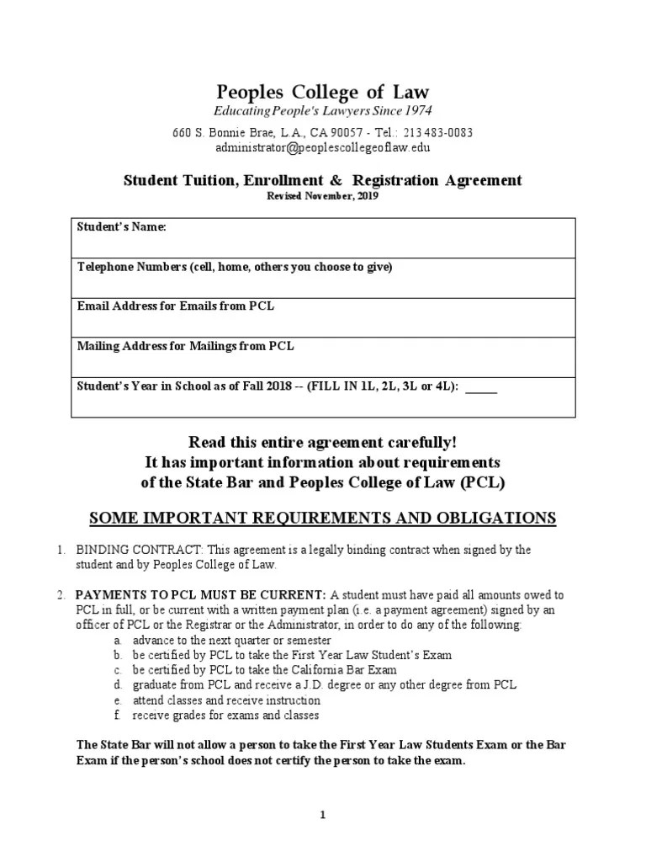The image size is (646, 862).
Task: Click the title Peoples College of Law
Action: (x=323, y=92)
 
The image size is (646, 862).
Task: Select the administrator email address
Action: (x=323, y=147)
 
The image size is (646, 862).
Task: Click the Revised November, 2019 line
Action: (x=323, y=196)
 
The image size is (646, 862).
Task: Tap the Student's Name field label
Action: (x=122, y=227)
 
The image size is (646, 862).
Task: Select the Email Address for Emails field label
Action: (x=176, y=306)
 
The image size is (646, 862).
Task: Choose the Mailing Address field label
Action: (x=186, y=346)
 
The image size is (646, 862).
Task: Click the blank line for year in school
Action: (x=481, y=388)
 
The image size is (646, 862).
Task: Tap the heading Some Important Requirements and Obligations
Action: (x=323, y=518)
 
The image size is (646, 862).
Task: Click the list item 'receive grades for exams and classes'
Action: (x=225, y=716)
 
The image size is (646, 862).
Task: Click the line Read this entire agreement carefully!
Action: (x=323, y=443)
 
